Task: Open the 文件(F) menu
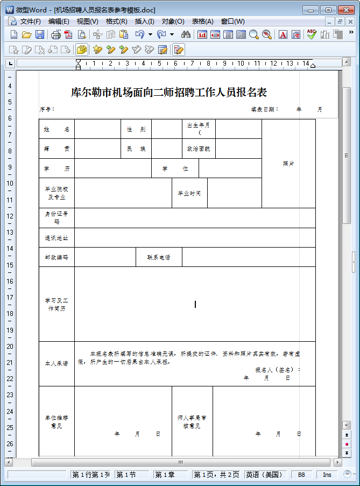[30, 22]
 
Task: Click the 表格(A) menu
[202, 22]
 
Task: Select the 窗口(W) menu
[232, 22]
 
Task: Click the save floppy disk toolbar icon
[40, 34]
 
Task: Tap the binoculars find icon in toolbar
[186, 34]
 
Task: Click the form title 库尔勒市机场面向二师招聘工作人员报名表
[169, 92]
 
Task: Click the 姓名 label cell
[57, 130]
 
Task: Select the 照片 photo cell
[288, 164]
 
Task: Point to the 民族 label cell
[136, 149]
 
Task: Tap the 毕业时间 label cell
[189, 193]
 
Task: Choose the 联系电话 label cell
[159, 257]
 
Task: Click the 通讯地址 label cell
[57, 238]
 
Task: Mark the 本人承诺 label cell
[57, 364]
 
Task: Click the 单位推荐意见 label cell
[57, 421]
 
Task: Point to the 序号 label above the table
[47, 109]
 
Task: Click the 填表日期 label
[264, 109]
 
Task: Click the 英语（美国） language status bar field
[265, 475]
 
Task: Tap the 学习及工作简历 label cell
[57, 304]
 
